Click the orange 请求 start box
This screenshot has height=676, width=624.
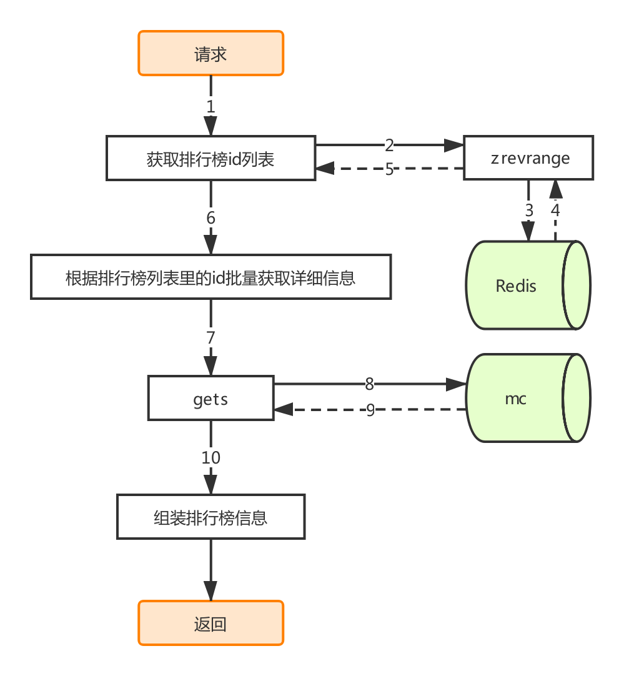(x=210, y=53)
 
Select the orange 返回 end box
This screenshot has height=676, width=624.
(x=210, y=623)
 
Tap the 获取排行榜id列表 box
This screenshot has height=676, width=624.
(x=210, y=158)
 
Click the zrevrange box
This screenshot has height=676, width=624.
(x=528, y=158)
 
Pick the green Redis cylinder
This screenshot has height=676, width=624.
(x=528, y=285)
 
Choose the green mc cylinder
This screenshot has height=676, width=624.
(x=528, y=398)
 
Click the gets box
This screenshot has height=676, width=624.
(x=210, y=398)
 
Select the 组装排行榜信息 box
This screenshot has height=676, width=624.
(x=210, y=517)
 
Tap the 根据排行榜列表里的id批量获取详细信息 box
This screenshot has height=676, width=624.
(x=210, y=277)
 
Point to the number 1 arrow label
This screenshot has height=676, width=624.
(x=210, y=106)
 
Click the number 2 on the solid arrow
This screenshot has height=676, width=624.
(x=389, y=146)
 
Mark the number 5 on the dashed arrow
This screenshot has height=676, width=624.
(x=389, y=169)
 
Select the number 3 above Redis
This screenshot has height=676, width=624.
(x=529, y=211)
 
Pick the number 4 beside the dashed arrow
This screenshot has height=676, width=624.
(x=555, y=211)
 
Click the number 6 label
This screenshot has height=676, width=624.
(x=210, y=217)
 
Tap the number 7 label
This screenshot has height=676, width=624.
(x=210, y=337)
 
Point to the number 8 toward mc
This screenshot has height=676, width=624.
(x=369, y=384)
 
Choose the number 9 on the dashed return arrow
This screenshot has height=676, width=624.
(x=370, y=410)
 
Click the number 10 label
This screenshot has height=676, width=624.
(x=210, y=457)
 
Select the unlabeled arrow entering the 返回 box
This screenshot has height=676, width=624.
(x=210, y=570)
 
